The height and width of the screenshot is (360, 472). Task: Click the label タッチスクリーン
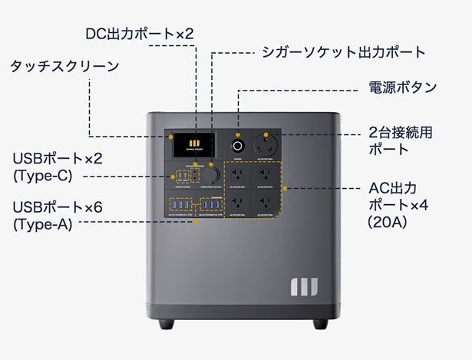64,66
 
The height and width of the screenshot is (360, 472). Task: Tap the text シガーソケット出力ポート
343,52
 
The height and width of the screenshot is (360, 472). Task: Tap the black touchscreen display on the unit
195,144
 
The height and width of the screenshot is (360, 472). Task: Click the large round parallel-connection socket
270,144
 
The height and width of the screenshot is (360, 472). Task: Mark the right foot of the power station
319,323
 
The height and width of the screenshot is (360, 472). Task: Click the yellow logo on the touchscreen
195,143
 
